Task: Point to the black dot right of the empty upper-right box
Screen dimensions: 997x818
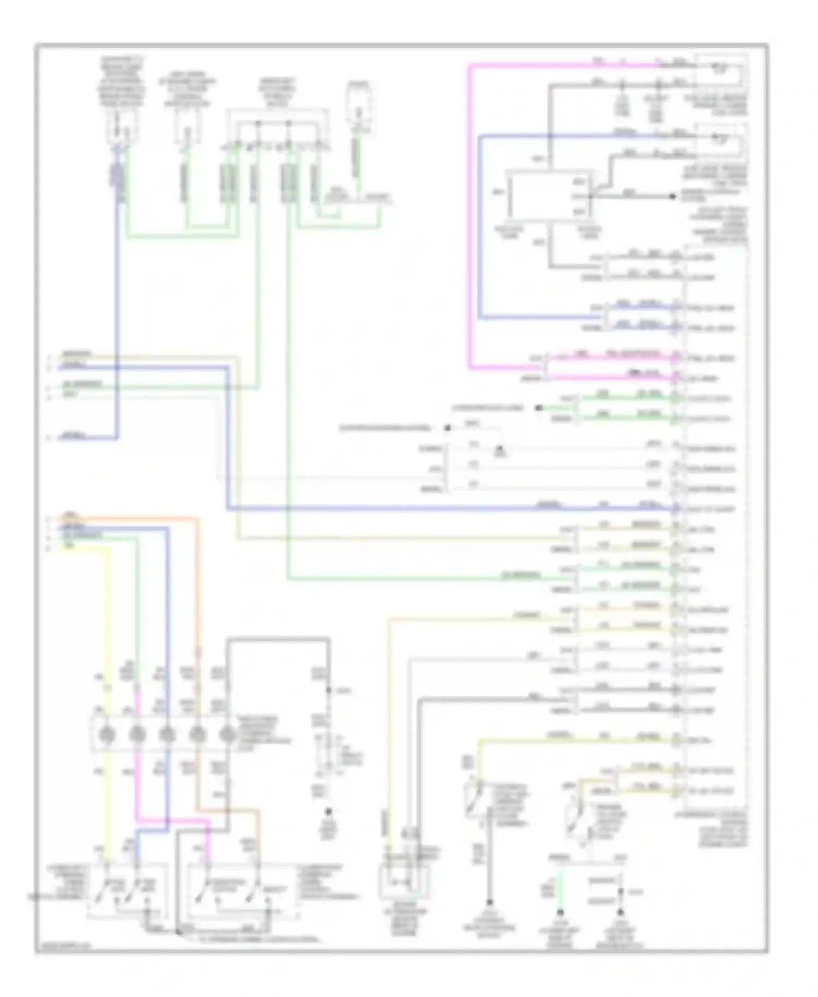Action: pos(672,196)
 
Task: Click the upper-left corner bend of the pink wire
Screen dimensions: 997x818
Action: pos(470,66)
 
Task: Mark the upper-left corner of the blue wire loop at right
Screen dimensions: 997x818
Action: pos(480,136)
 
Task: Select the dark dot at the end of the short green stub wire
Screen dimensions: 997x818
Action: pos(539,407)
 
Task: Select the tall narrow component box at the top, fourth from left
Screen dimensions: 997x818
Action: pos(358,109)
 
